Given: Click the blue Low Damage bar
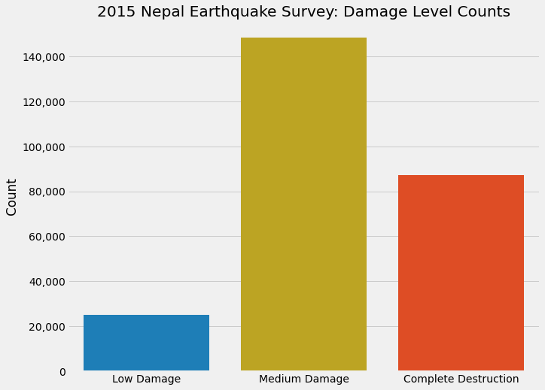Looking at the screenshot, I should point(146,343).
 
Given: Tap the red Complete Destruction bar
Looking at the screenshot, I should point(461,273).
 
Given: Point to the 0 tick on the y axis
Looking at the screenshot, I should point(60,372).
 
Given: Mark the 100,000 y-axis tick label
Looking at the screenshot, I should point(41,147).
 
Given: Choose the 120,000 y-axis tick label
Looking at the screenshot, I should point(41,101).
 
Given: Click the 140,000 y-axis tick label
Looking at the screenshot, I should point(41,56).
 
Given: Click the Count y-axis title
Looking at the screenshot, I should point(12,197).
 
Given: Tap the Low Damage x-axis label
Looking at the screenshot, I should point(146,379).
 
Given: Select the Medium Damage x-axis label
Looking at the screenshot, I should point(303,379).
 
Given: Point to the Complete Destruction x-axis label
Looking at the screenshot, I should point(461,379).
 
